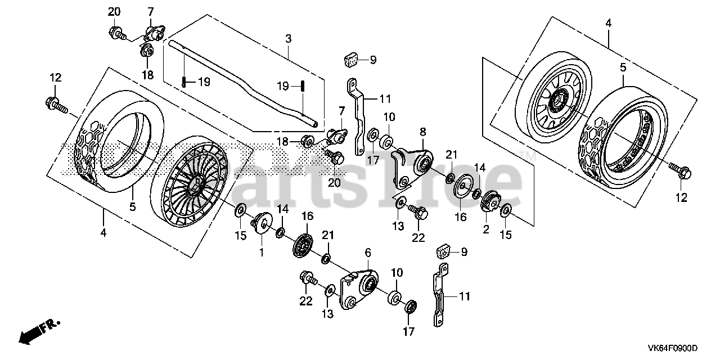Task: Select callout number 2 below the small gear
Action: tap(486, 229)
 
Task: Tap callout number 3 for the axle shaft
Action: tap(288, 39)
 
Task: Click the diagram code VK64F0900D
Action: tap(672, 349)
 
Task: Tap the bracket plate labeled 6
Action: tap(360, 287)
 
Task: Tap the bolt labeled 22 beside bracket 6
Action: tap(309, 277)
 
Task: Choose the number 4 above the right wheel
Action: tap(607, 23)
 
